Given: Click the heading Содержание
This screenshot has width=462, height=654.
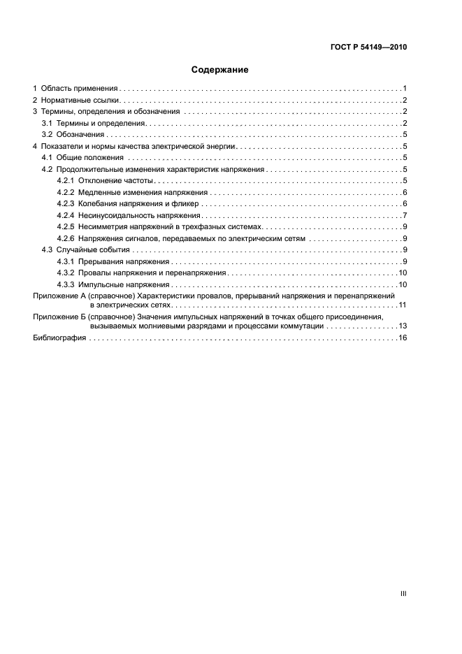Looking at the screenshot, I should pyautogui.click(x=219, y=70).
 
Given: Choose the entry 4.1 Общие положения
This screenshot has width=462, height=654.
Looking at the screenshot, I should pyautogui.click(x=83, y=158).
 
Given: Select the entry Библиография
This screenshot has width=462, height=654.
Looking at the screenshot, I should pyautogui.click(x=59, y=337).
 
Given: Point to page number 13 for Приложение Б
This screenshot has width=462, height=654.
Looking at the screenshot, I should pyautogui.click(x=403, y=326).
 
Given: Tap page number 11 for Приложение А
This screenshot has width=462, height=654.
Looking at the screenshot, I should pyautogui.click(x=403, y=305).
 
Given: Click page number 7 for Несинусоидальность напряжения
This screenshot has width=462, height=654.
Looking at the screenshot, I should pyautogui.click(x=405, y=215).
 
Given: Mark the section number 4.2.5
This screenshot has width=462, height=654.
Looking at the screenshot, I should pyautogui.click(x=66, y=226).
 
